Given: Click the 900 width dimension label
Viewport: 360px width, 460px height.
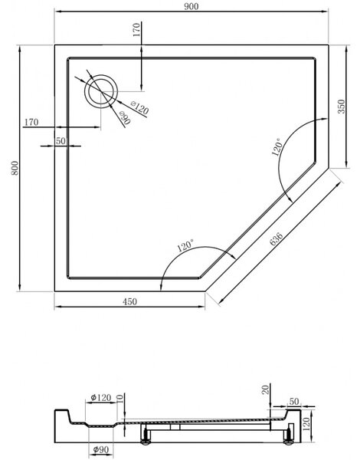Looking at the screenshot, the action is click(x=191, y=6).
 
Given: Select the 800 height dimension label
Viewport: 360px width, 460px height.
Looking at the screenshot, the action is click(x=15, y=168).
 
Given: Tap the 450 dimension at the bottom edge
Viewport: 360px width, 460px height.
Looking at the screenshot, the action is click(x=129, y=301).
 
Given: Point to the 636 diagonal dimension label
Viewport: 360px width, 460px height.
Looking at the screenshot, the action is click(x=277, y=238).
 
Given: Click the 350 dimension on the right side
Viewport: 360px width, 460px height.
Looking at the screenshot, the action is click(x=342, y=107).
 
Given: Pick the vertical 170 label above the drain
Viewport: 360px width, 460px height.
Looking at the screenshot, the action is click(x=136, y=30).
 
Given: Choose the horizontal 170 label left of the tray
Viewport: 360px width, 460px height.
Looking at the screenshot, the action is click(x=31, y=122).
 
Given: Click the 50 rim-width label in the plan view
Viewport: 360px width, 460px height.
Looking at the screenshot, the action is click(x=61, y=141).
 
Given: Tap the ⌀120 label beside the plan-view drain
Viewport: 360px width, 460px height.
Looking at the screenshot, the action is click(x=139, y=107).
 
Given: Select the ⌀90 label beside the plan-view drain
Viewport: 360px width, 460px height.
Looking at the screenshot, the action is click(x=125, y=118).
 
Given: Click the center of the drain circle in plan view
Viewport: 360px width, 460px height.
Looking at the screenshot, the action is click(x=101, y=91).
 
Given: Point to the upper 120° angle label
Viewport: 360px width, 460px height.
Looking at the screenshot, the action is click(x=277, y=147).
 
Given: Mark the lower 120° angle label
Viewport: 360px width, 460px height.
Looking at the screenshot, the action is click(x=185, y=245).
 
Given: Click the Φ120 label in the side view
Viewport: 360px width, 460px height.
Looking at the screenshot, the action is click(x=101, y=397).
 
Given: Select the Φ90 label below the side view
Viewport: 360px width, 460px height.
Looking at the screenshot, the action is click(x=100, y=449).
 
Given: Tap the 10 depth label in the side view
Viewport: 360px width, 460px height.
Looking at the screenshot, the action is click(x=120, y=399).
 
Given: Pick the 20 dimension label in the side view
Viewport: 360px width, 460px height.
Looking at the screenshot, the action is click(x=265, y=389).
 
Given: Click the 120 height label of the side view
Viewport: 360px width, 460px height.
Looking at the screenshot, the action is click(x=306, y=424).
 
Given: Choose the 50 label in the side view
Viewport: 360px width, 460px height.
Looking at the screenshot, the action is click(x=294, y=401).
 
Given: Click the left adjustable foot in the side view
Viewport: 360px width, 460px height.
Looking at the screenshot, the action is click(x=145, y=435).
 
